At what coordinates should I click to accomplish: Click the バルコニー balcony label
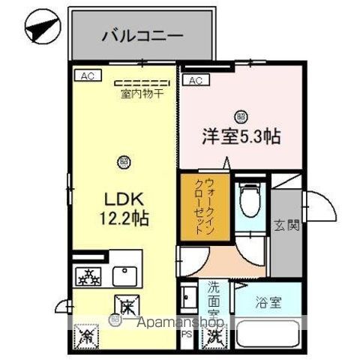[142, 35]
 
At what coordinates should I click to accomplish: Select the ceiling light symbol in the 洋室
[240, 115]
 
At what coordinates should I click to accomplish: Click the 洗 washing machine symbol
[216, 335]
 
